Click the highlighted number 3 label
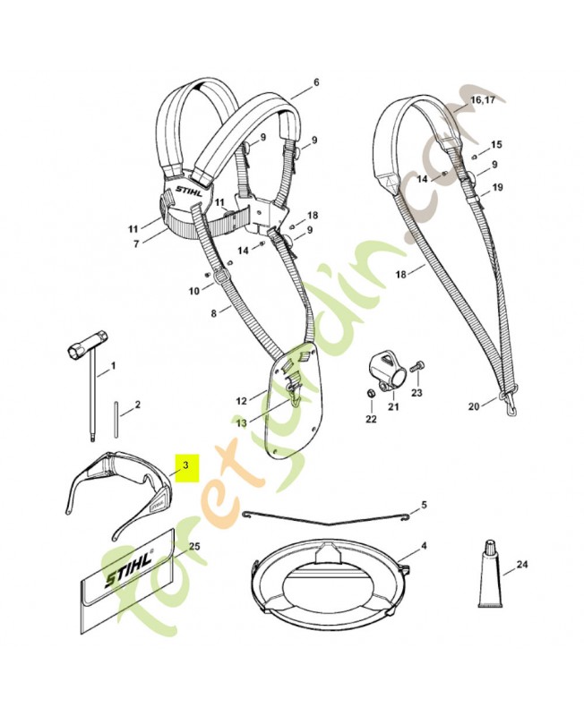pos(185,465)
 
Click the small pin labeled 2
pos(119,420)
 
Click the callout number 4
pos(424,545)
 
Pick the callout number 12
pos(241,400)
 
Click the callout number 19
pos(497,187)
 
